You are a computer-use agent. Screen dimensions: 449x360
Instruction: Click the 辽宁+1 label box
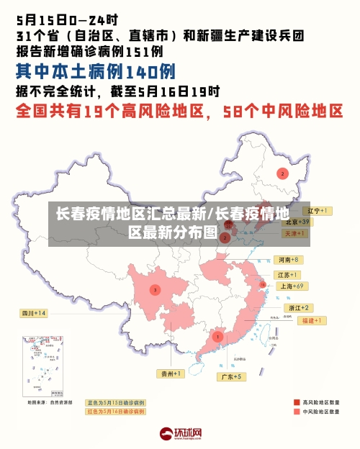318,211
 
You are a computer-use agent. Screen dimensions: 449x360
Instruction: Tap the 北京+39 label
296,222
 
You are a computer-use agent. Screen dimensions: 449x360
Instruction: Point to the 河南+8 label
288,259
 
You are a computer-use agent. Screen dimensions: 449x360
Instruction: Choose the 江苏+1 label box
288,275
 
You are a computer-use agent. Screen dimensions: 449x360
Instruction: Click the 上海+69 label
293,286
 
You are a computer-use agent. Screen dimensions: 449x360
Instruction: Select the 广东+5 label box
231,376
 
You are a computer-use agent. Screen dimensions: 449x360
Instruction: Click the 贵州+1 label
171,373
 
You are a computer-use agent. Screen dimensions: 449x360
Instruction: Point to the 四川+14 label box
33,313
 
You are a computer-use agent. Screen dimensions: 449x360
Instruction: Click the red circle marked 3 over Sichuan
155,289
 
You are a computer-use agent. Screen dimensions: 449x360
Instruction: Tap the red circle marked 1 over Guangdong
217,336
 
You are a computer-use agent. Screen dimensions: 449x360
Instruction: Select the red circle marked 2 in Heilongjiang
283,173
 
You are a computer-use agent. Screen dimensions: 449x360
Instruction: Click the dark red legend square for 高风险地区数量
297,402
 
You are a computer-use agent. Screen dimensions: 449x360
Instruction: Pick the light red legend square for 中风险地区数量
297,412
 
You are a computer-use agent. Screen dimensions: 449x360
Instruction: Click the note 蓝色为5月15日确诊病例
115,402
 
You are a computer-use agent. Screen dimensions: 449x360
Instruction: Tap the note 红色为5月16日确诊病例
115,412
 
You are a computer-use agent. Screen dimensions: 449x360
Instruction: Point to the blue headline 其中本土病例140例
96,71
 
